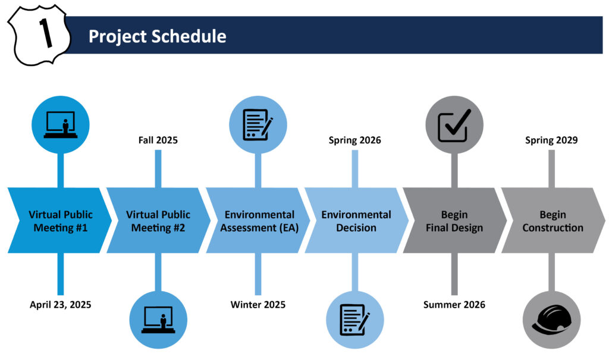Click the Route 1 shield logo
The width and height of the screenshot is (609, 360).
(39, 35)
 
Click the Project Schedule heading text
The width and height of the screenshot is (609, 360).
(157, 36)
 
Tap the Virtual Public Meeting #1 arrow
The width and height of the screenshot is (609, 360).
(60, 220)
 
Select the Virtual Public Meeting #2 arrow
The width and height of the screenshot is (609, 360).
(158, 220)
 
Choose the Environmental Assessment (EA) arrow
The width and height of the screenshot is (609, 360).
(258, 220)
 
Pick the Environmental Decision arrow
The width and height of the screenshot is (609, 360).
(356, 220)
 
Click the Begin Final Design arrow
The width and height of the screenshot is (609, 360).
(454, 220)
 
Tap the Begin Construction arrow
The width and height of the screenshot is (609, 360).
(553, 220)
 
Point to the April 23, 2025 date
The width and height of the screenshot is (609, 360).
(61, 305)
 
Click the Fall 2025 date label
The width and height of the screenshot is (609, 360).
(158, 140)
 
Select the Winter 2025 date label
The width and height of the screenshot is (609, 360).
(258, 305)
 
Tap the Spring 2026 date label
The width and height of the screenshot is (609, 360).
(355, 140)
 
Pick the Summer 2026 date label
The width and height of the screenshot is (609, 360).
(454, 305)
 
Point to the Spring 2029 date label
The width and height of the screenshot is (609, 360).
(551, 140)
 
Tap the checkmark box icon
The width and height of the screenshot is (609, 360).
(454, 125)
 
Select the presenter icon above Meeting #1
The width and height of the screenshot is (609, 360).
(61, 125)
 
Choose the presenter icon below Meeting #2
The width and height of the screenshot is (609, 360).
(158, 320)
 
